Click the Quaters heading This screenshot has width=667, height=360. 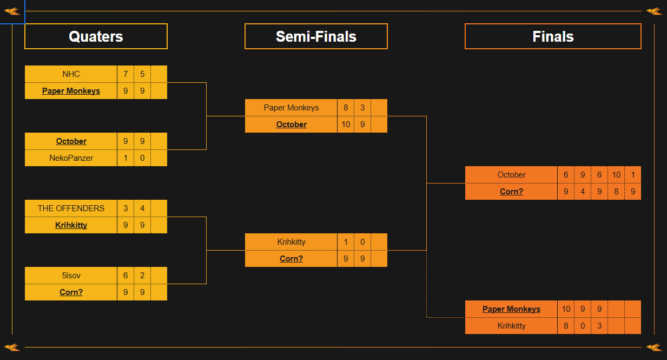pos(96,36)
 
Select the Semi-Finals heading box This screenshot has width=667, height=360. pos(316,36)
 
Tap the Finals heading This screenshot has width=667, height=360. pos(553,36)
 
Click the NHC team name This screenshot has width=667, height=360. pos(71,74)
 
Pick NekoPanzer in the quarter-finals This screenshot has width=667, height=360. pos(71,158)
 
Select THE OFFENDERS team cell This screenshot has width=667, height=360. pos(71,208)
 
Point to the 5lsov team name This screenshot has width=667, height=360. pos(71,276)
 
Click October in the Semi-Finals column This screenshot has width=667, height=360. pos(291,125)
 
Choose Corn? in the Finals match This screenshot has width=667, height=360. pos(511,192)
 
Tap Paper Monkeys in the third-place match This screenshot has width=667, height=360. pos(511,309)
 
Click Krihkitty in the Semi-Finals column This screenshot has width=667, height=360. pos(291,242)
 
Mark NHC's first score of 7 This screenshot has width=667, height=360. pos(126,74)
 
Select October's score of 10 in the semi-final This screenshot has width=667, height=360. pos(346,125)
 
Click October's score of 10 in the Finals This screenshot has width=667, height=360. pos(616,175)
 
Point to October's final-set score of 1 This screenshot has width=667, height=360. pos(633,175)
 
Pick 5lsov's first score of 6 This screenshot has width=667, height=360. pos(126,276)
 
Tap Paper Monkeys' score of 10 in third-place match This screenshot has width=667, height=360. pos(566,309)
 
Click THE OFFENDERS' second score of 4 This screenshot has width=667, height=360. pos(142,208)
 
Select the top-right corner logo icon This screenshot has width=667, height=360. pos(653,11)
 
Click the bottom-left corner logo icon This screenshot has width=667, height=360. pos(12,347)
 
